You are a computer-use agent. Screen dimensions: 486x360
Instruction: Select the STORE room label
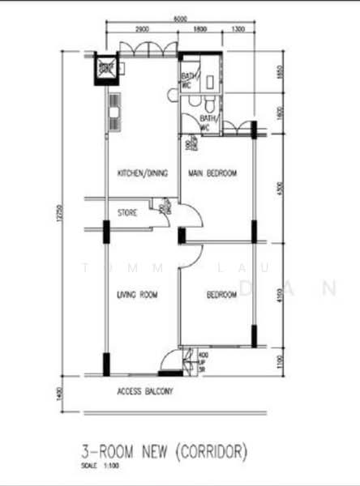127,214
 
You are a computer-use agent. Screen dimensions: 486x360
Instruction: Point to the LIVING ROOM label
136,294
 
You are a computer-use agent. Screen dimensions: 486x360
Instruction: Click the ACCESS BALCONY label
145,392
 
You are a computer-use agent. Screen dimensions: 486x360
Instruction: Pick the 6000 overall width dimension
180,19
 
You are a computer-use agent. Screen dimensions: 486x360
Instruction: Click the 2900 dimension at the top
142,30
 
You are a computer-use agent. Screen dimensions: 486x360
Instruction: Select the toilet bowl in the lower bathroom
209,106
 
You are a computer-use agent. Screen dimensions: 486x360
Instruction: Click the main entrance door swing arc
171,360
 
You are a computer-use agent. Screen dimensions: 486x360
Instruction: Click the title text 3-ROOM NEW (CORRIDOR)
165,450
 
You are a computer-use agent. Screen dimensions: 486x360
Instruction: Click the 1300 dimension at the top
237,30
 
